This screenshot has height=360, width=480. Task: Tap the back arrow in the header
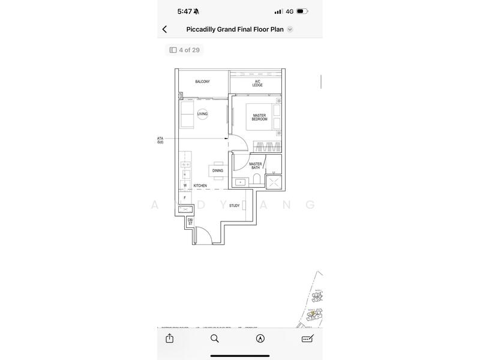[x=165, y=29]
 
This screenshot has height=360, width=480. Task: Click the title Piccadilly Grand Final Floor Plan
[x=235, y=29]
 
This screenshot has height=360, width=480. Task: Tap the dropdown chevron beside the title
[x=290, y=29]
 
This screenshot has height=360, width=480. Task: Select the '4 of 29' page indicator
[x=184, y=50]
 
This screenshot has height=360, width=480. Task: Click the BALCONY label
[x=202, y=82]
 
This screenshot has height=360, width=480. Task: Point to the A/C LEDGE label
[x=257, y=83]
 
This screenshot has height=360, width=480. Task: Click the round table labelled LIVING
[x=203, y=113]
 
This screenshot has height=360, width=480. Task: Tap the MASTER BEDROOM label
[x=259, y=117]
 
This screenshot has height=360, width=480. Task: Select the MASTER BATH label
[x=256, y=166]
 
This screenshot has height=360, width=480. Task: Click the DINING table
[x=217, y=170]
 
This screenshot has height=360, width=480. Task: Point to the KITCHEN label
[x=200, y=186]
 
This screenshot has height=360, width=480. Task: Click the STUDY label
[x=234, y=206]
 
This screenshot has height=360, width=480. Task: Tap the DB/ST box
[x=190, y=222]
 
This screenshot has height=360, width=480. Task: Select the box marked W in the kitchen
[x=185, y=185]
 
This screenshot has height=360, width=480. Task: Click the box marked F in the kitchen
[x=185, y=197]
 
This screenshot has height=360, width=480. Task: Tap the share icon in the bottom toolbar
[x=170, y=338]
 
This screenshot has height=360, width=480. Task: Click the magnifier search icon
[x=215, y=338]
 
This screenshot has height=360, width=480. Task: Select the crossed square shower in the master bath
[x=273, y=182]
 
